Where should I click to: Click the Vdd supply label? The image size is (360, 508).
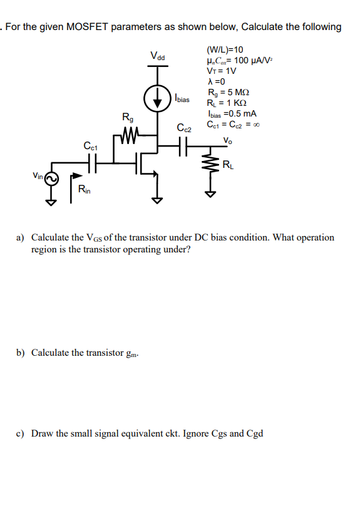tap(158, 56)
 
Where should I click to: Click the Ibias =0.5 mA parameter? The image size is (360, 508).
tap(231, 113)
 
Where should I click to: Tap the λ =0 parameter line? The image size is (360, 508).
tap(216, 81)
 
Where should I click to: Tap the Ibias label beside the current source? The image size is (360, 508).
tap(182, 99)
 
